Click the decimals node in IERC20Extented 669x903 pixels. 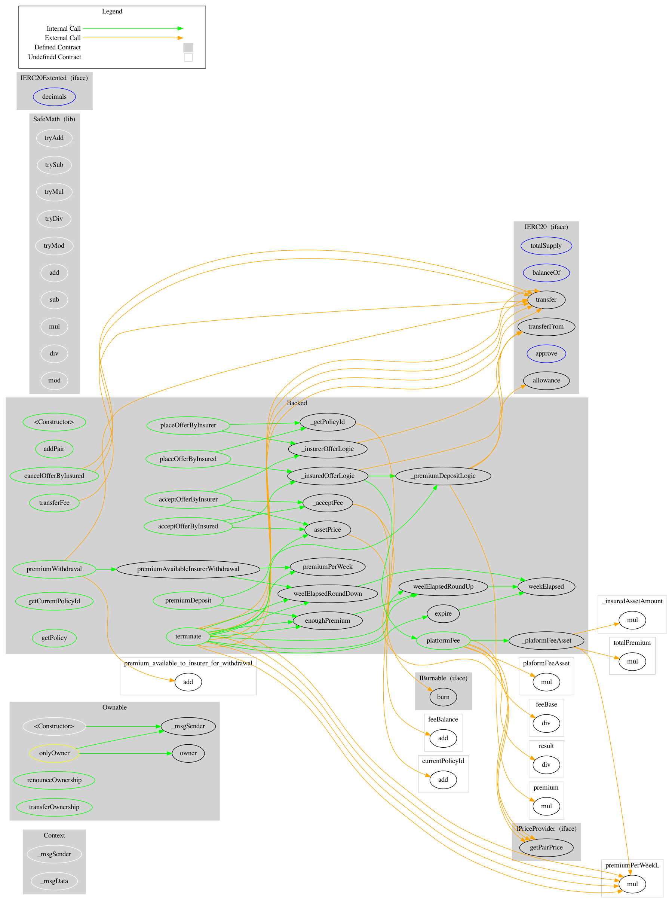pyautogui.click(x=54, y=97)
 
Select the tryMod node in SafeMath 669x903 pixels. pyautogui.click(x=54, y=245)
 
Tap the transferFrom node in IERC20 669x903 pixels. pyautogui.click(x=546, y=327)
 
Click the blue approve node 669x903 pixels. pyautogui.click(x=546, y=353)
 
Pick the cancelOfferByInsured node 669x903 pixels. pyautogui.click(x=54, y=476)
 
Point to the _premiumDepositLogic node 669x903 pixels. pyautogui.click(x=443, y=476)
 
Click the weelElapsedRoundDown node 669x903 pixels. pyautogui.click(x=328, y=594)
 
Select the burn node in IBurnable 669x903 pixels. pyautogui.click(x=443, y=697)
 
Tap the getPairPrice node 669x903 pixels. pyautogui.click(x=546, y=848)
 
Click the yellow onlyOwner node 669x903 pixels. pyautogui.click(x=54, y=753)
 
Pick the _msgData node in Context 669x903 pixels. pyautogui.click(x=54, y=881)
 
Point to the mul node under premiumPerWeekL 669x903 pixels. pyautogui.click(x=632, y=884)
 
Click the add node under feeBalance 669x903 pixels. pyautogui.click(x=443, y=738)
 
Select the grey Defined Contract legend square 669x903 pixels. pyautogui.click(x=188, y=48)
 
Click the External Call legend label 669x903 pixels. pyautogui.click(x=63, y=38)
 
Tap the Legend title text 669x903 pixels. pyautogui.click(x=112, y=11)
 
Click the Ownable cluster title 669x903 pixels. pyautogui.click(x=114, y=707)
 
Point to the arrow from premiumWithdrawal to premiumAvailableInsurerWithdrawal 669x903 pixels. pyautogui.click(x=106, y=570)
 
